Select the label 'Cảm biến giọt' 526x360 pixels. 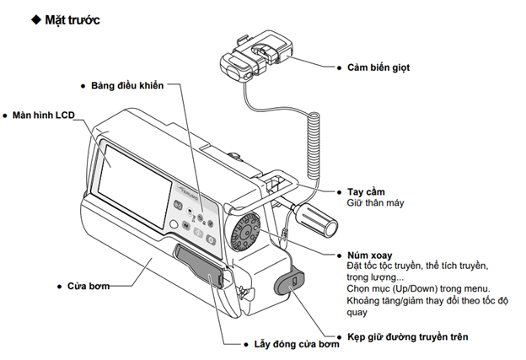[378, 66]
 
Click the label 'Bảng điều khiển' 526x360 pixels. [127, 85]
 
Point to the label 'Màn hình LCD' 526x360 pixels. [43, 114]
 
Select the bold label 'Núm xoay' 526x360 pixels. [369, 254]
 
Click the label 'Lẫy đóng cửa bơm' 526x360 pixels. [290, 344]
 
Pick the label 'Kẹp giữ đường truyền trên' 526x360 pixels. [408, 336]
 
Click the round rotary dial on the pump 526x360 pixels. [245, 229]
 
